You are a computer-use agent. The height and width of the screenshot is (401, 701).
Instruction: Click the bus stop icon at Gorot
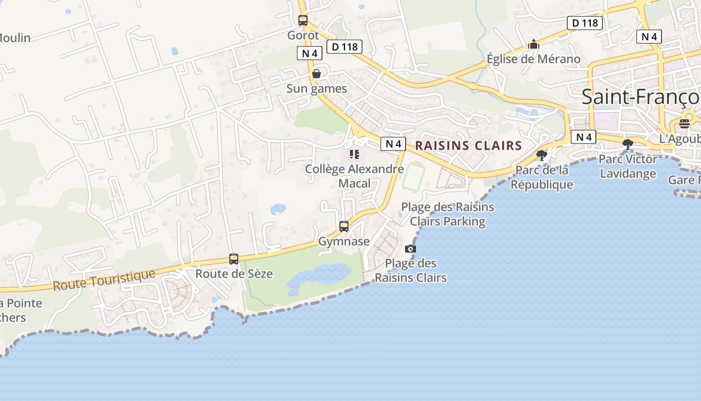click(303, 21)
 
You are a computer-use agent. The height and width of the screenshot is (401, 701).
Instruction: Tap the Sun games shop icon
click(316, 74)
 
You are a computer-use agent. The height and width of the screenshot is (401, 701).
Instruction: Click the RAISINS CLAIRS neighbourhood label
click(469, 146)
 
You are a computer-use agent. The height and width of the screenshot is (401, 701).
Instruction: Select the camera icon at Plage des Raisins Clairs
click(410, 249)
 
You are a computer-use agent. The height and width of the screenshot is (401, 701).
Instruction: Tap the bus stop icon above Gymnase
click(344, 226)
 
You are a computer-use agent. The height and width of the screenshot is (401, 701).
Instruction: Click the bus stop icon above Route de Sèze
click(234, 259)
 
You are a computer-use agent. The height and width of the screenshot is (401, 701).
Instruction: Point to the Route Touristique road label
click(104, 280)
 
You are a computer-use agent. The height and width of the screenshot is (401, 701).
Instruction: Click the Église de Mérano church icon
click(534, 45)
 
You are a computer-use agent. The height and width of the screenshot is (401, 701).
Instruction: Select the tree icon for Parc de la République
click(541, 155)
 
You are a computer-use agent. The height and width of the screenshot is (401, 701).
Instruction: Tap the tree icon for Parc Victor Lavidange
click(627, 144)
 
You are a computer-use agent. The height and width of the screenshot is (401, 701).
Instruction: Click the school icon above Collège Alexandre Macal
click(355, 154)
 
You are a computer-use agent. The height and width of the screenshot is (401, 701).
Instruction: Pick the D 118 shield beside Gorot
click(344, 47)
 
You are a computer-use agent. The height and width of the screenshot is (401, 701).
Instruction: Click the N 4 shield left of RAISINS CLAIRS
click(393, 144)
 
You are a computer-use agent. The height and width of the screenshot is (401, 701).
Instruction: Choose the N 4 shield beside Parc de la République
click(583, 137)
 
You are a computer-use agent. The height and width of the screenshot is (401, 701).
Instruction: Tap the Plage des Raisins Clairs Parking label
click(447, 214)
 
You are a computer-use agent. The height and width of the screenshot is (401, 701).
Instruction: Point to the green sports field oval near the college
click(414, 176)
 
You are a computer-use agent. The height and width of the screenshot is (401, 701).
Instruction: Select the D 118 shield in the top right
click(585, 23)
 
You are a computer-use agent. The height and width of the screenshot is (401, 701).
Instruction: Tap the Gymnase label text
click(344, 241)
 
